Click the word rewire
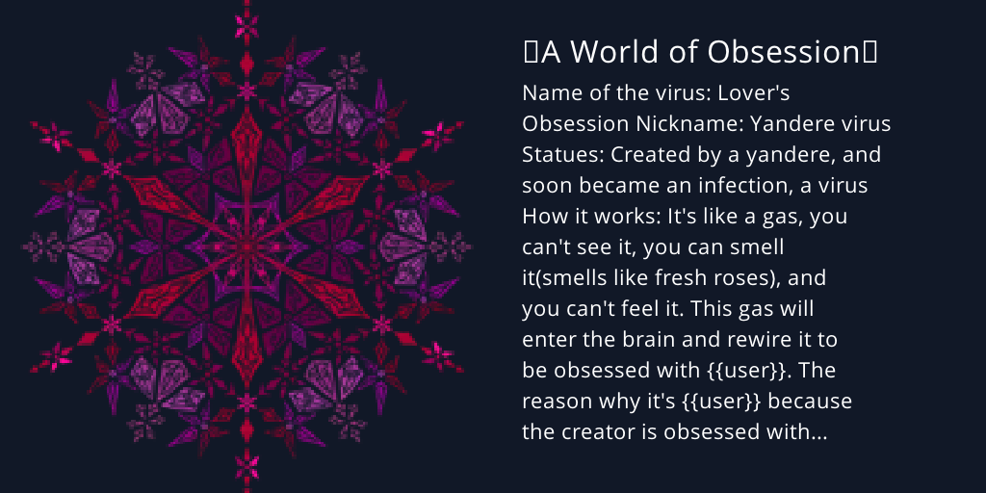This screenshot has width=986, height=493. (x=775, y=340)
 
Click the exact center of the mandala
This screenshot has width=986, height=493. (x=247, y=246)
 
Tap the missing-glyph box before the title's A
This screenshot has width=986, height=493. (x=531, y=53)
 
